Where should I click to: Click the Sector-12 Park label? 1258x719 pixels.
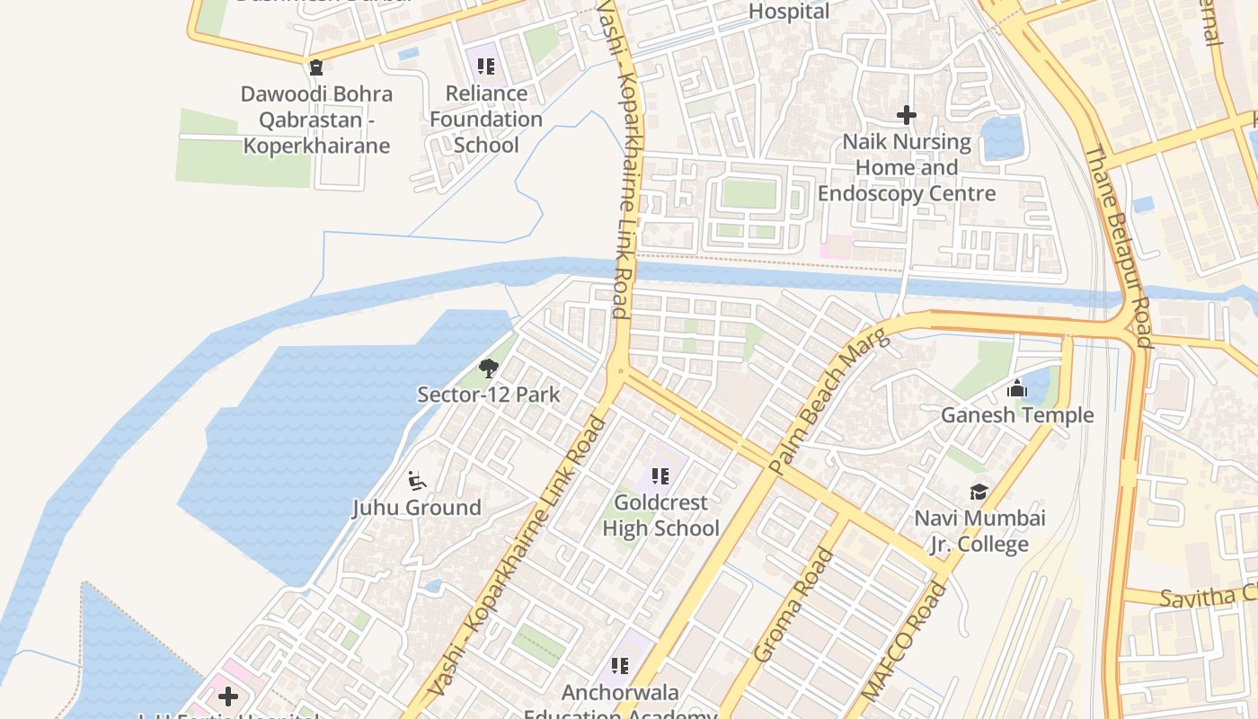(x=488, y=394)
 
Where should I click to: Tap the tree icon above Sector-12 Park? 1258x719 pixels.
(x=488, y=368)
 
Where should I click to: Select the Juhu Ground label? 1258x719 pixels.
(x=416, y=507)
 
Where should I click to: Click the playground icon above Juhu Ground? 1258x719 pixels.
(x=416, y=481)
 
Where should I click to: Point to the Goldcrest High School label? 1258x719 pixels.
(x=660, y=515)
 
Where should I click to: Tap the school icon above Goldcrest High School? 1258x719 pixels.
(x=660, y=476)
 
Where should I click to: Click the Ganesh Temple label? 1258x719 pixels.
(x=1017, y=414)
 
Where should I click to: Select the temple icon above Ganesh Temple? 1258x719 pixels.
(x=1017, y=388)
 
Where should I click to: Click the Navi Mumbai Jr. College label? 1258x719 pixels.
(x=979, y=531)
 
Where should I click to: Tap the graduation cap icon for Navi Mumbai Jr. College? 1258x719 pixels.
(x=979, y=492)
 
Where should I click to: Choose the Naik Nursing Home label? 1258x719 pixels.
(x=906, y=167)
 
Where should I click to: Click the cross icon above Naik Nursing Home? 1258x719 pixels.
(x=906, y=115)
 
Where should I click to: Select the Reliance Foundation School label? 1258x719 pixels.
(x=486, y=119)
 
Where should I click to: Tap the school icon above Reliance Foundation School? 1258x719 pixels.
(x=486, y=66)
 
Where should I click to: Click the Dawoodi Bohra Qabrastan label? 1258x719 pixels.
(x=316, y=120)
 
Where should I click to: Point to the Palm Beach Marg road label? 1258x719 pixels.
(x=828, y=402)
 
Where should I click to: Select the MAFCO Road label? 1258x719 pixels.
(x=904, y=641)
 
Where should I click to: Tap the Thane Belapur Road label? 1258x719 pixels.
(x=1117, y=245)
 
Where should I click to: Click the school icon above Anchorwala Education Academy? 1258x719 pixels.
(x=619, y=666)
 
